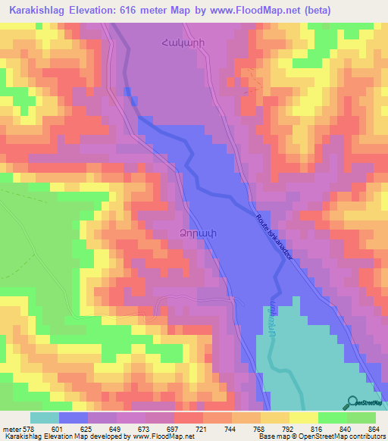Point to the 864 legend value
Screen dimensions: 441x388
point(374,428)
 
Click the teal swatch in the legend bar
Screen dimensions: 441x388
point(45,418)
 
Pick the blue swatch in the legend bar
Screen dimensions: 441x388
point(74,418)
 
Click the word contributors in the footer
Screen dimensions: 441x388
point(365,436)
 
